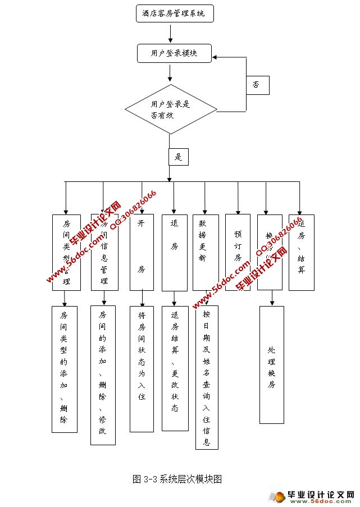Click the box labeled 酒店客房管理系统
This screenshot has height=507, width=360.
(x=175, y=13)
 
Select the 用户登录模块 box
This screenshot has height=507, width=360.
(x=174, y=53)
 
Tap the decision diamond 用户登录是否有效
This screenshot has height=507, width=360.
(x=170, y=109)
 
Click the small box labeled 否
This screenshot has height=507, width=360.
(x=257, y=85)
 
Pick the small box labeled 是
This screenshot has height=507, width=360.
(x=179, y=157)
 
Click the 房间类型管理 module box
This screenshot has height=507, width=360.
(x=66, y=252)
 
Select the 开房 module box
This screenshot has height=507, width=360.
(x=142, y=252)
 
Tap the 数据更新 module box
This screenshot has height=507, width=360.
(x=205, y=252)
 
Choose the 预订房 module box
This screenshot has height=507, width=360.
(x=238, y=252)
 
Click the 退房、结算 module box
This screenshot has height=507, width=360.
(x=302, y=252)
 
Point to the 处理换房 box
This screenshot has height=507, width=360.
(x=272, y=364)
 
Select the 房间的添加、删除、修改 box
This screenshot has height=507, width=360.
(x=103, y=375)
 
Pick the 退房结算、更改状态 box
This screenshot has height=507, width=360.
(x=175, y=368)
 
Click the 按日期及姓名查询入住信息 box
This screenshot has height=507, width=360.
(x=207, y=377)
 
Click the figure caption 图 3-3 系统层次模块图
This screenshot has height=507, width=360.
(x=177, y=479)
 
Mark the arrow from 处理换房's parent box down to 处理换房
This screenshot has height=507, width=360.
(x=272, y=298)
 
